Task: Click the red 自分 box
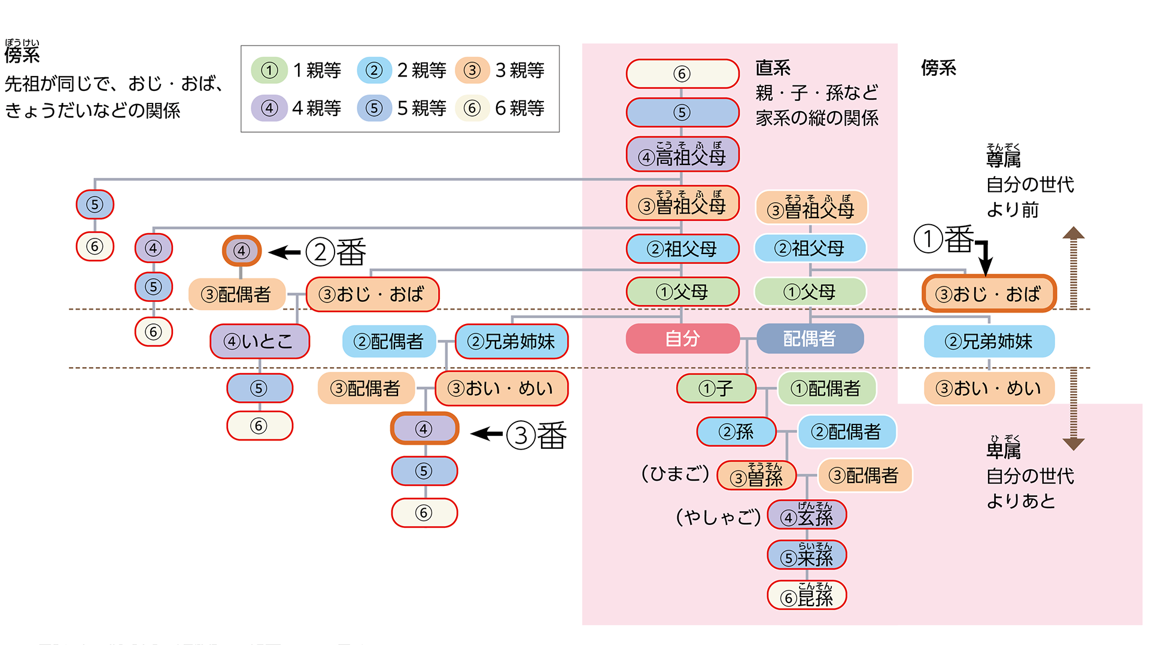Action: coord(682,339)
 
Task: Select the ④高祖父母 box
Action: coord(682,155)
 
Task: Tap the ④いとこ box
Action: coord(259,341)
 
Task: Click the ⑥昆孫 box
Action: coord(807,595)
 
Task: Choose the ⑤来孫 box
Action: coord(807,556)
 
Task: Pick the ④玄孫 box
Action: coord(807,515)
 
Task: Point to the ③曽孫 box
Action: coord(756,476)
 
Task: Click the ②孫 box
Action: coord(736,432)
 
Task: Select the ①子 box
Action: coord(716,389)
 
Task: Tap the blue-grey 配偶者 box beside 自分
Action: coord(809,339)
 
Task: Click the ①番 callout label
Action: coord(944,239)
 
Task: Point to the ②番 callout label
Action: coord(336,252)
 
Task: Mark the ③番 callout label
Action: coord(536,435)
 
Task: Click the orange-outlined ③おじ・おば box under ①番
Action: coord(989,294)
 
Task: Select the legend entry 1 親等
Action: coord(297,71)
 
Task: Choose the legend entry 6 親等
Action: coord(500,108)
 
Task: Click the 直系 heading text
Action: coord(773,68)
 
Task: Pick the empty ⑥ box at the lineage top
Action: coord(682,74)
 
